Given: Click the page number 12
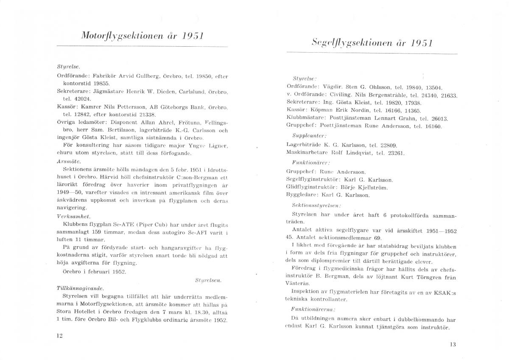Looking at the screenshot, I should (x=59, y=335).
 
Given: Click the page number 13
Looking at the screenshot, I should (x=453, y=345).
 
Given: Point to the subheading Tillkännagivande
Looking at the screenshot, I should (x=74, y=288).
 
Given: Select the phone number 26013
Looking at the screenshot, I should (x=439, y=118).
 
